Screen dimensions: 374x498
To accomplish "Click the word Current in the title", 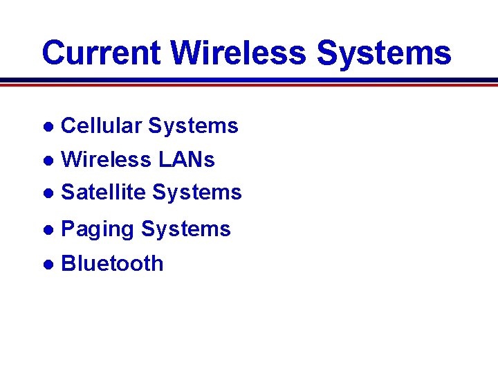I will tap(102, 53).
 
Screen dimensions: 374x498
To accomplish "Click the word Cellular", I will tap(102, 126).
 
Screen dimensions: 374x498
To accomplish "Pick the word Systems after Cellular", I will tap(193, 126).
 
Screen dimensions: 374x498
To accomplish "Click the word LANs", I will tap(186, 159).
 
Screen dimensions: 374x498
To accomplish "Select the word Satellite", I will tap(104, 192).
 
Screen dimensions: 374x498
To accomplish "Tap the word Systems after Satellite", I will tap(197, 192).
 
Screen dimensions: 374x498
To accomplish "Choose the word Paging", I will tap(98, 229).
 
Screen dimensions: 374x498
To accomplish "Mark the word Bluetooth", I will tap(113, 264).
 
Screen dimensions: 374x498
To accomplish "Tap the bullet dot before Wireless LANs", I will tap(48, 161).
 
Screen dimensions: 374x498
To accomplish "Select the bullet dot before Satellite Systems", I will tap(48, 193).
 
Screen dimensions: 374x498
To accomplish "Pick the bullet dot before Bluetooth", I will tap(48, 265).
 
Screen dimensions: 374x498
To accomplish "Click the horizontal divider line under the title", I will tap(249, 82).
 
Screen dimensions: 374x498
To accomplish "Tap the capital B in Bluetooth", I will tap(68, 264).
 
